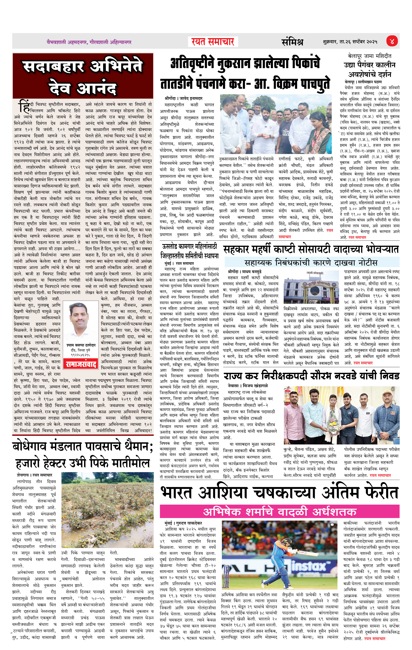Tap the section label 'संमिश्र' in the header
click(x=292, y=42)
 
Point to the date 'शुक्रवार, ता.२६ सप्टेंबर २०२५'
click(x=350, y=42)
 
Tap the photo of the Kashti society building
click(x=311, y=288)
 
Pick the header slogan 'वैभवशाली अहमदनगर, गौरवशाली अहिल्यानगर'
click(x=89, y=42)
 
